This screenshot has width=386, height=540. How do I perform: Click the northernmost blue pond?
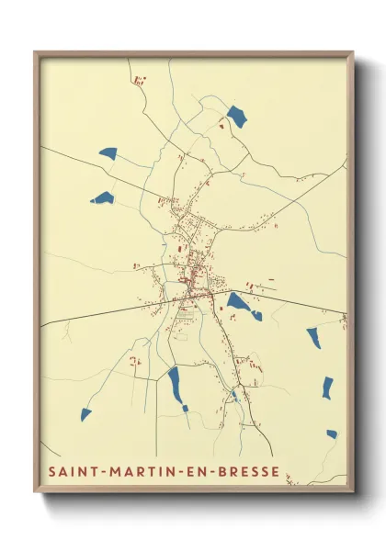click(x=236, y=117)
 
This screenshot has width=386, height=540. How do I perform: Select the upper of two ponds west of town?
click(x=108, y=153)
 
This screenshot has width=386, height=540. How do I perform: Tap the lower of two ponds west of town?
click(x=103, y=197)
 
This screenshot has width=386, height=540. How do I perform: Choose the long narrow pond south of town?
click(x=174, y=383)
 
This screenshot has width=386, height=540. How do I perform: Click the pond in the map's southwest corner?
click(x=85, y=414)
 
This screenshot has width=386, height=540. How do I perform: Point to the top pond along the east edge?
click(x=313, y=337)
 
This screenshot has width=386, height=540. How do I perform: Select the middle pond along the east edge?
click(x=327, y=388)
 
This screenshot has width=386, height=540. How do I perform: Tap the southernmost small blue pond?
click(x=332, y=433)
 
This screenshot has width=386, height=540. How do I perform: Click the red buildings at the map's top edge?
click(x=140, y=81)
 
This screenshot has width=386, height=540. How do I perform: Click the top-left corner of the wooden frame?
click(x=36, y=52)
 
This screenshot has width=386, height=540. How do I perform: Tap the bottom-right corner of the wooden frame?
click(x=352, y=491)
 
